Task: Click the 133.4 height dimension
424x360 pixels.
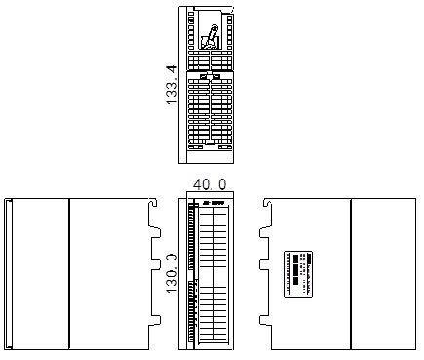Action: (172, 85)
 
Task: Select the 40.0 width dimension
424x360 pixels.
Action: (209, 184)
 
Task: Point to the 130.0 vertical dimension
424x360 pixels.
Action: (172, 273)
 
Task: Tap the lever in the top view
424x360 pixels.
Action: (209, 38)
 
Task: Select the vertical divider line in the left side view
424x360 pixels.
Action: (69, 273)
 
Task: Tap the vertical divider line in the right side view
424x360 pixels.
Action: (350, 273)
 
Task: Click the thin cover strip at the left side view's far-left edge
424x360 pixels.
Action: (8, 273)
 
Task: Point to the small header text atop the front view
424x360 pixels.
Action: (214, 202)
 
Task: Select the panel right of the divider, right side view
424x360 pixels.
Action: (383, 273)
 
